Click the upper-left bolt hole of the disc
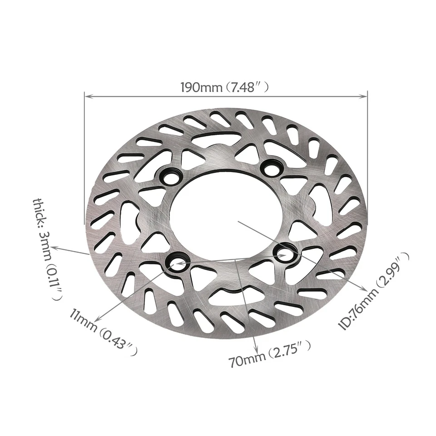coord(171,177)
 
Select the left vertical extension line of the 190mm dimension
coord(85,159)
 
